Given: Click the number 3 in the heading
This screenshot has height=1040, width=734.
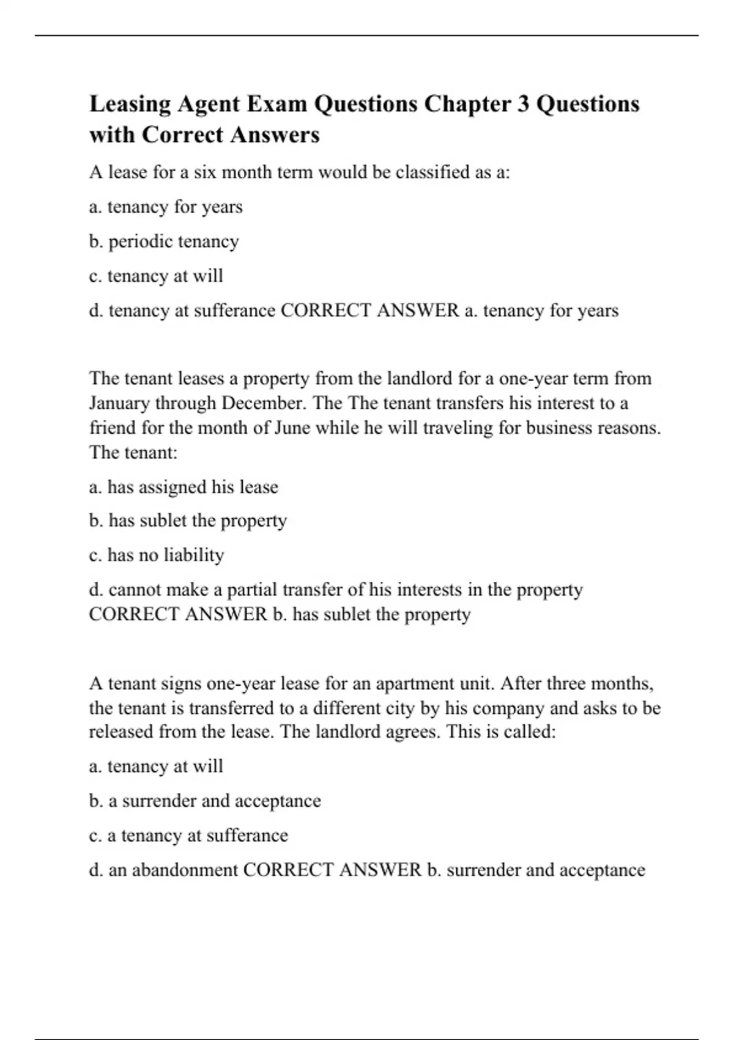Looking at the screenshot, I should point(523,103).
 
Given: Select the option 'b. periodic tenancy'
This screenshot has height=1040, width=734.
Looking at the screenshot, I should point(163,242).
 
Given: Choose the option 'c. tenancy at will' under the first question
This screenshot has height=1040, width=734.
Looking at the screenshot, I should point(156,276).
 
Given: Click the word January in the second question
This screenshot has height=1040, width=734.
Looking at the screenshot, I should point(120,404).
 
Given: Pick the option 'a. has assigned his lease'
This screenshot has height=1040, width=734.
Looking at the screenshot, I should point(183,487).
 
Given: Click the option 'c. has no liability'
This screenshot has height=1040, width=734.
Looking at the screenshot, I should point(157,555).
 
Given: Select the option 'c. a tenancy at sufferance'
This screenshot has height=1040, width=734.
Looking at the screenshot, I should point(188,836).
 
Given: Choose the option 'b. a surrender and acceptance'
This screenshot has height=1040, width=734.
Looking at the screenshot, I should point(205,801).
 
